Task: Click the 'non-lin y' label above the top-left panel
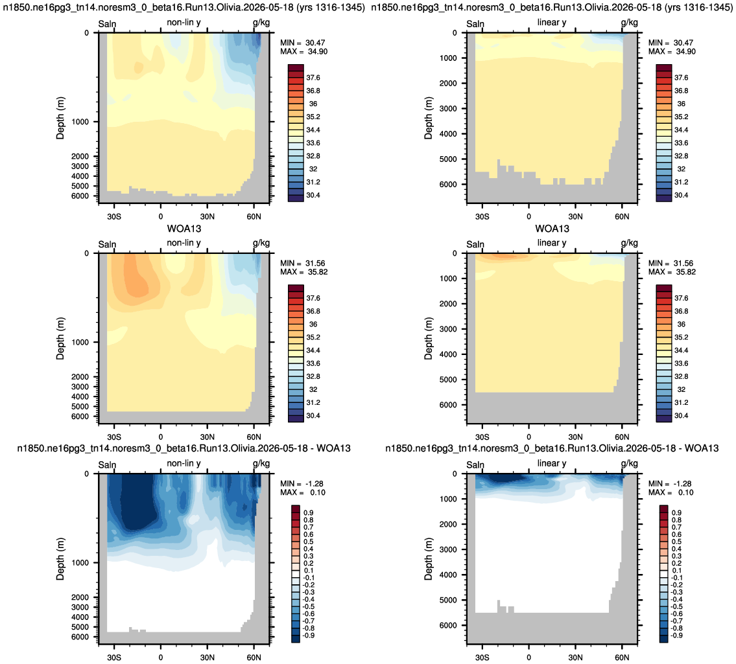[x=184, y=23]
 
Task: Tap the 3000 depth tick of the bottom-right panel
[x=448, y=549]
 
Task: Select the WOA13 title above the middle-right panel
[x=552, y=229]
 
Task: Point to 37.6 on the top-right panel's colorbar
[x=681, y=78]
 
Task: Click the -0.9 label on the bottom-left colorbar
[x=308, y=636]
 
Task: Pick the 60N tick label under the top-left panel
[x=254, y=216]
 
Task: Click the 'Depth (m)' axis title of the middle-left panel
[x=60, y=339]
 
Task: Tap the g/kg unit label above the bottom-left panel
[x=261, y=463]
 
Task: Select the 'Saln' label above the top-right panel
[x=475, y=24]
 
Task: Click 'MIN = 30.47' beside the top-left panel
[x=303, y=43]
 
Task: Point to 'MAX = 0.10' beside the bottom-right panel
[x=670, y=492]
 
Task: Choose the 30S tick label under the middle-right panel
[x=482, y=437]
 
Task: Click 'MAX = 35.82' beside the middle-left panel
[x=303, y=272]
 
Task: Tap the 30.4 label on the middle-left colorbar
[x=313, y=416]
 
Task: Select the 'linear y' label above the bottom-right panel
[x=552, y=463]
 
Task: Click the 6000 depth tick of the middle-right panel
[x=448, y=405]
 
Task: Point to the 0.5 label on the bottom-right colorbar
[x=676, y=542]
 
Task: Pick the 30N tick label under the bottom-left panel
[x=208, y=658]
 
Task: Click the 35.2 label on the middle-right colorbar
[x=681, y=338]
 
